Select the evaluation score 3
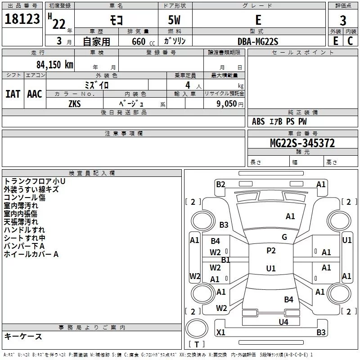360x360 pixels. (343, 20)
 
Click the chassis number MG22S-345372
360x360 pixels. (302, 143)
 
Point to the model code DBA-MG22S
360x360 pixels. (258, 41)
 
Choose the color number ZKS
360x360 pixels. (74, 103)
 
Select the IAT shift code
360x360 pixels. (13, 94)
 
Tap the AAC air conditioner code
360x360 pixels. (35, 94)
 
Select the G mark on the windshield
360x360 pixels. (284, 237)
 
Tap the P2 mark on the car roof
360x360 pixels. (271, 251)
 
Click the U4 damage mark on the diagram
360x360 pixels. (283, 322)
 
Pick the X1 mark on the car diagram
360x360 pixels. (220, 333)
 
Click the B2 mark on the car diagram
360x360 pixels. (220, 184)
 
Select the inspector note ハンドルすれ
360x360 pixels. (24, 230)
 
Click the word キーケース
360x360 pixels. (23, 337)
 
